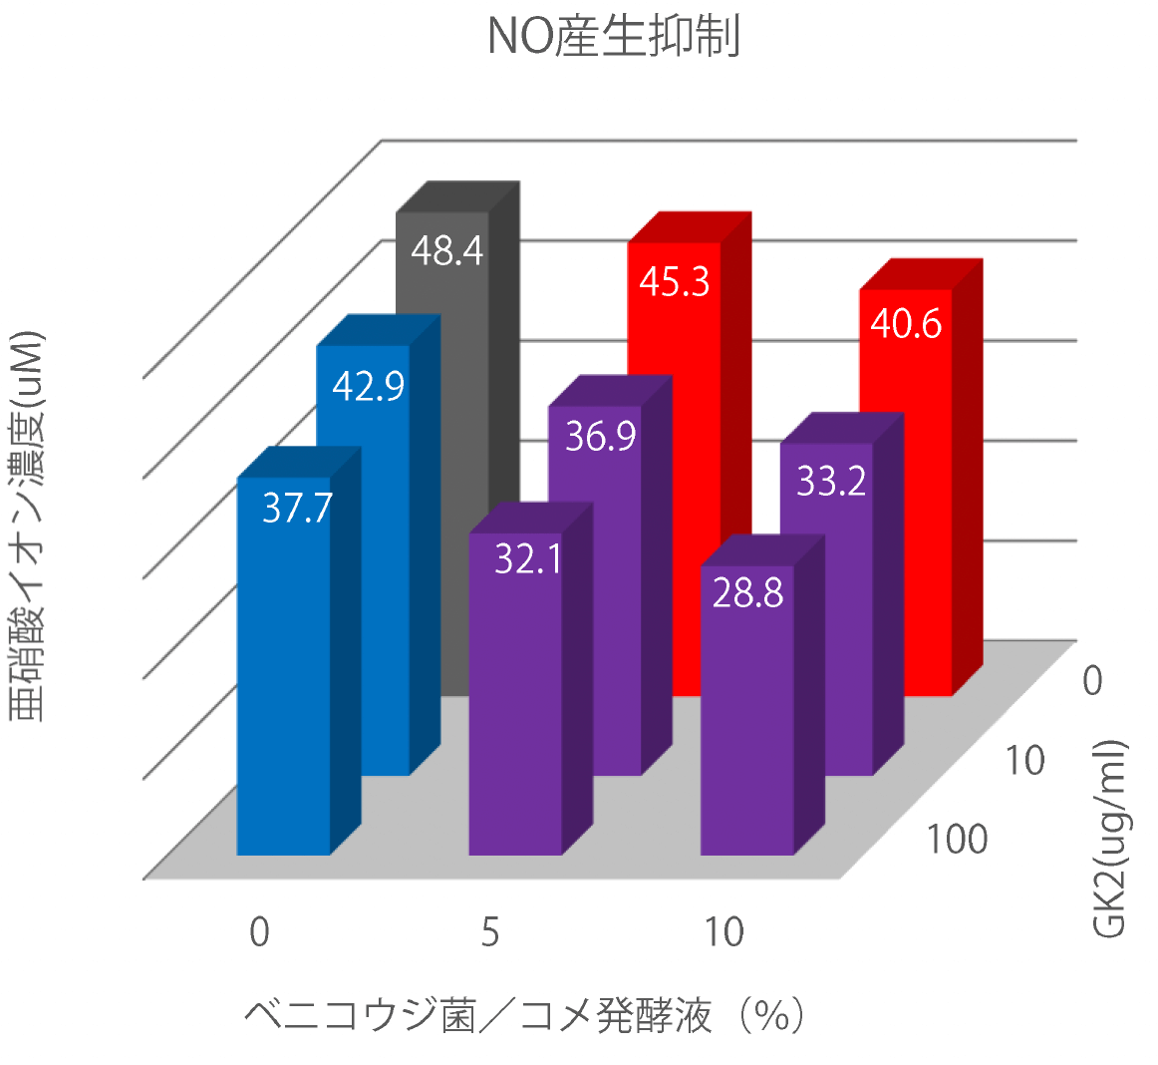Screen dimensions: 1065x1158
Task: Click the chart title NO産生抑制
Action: pyautogui.click(x=613, y=37)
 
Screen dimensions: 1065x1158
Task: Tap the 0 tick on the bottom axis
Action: pyautogui.click(x=259, y=932)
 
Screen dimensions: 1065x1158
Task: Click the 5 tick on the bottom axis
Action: pyautogui.click(x=489, y=932)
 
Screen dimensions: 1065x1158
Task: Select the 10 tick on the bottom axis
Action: pyautogui.click(x=724, y=932)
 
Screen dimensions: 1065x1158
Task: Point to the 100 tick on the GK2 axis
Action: pyautogui.click(x=957, y=840)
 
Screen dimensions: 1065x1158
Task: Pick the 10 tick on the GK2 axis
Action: pyautogui.click(x=1022, y=761)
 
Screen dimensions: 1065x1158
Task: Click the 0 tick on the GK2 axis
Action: pyautogui.click(x=1092, y=681)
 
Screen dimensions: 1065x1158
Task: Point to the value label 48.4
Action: pyautogui.click(x=446, y=250)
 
